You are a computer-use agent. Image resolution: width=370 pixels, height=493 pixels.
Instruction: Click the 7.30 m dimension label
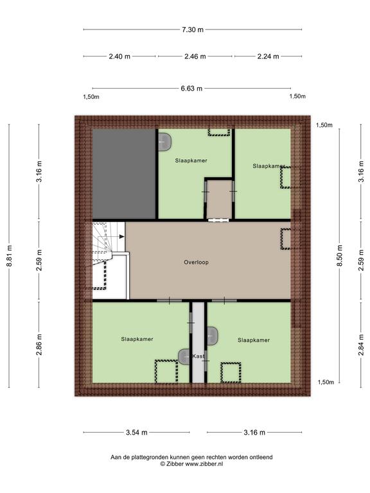pos(193,30)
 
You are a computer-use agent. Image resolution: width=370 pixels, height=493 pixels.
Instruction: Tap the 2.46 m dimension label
pos(195,56)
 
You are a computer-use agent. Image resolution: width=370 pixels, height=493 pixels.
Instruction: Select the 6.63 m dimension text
pos(191,89)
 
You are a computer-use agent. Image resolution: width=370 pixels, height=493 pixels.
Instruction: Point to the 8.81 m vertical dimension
pos(10,255)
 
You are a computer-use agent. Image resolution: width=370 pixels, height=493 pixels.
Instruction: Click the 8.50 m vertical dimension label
pos(339,255)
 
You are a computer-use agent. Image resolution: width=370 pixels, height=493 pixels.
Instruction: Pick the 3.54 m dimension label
pos(137,432)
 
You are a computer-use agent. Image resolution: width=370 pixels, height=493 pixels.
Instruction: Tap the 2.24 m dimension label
pos(268,56)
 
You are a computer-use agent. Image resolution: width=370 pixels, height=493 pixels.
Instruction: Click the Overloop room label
pos(197,262)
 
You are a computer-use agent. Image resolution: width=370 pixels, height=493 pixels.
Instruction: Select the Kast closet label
pos(198,356)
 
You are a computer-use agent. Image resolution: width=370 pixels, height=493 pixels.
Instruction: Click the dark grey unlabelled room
pos(124,174)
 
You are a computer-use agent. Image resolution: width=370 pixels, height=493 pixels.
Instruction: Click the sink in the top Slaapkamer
pos(164,142)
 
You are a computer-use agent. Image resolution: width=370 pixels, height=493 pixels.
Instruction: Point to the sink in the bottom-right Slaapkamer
pos(213,336)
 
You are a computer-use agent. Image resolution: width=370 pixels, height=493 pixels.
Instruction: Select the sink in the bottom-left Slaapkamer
pos(184,357)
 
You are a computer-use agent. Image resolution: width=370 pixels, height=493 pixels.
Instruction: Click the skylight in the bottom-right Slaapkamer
pos(231,372)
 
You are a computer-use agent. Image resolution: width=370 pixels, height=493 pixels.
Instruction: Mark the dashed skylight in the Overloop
pos(286,239)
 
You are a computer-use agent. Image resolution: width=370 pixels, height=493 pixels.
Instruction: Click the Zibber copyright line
pos(191,463)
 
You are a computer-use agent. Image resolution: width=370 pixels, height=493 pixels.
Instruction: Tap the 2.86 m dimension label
pos(39,345)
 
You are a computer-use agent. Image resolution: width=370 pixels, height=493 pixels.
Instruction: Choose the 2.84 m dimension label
pos(361,345)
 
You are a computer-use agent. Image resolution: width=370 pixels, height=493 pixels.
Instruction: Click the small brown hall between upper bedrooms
pos(219,200)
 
